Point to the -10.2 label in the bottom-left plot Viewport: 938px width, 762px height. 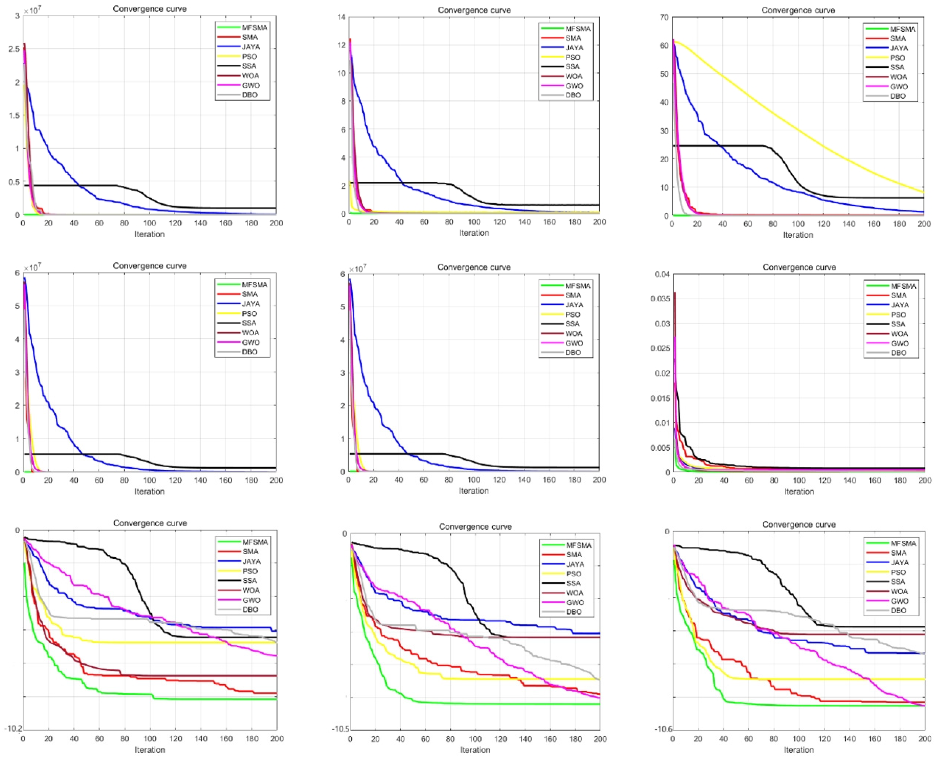[13, 729]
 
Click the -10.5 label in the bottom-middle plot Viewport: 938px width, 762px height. [341, 729]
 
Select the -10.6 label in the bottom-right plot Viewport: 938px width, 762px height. [663, 729]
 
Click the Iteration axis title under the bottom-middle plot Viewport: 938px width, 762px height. [475, 750]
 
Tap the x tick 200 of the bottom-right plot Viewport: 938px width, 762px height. [924, 739]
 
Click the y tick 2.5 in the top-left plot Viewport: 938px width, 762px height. [14, 49]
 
